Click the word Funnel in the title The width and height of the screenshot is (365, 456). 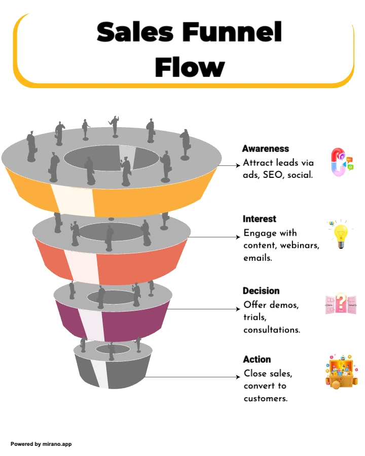coord(232,32)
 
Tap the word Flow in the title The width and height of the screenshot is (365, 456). coord(190,67)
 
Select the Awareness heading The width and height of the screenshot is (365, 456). coord(266,148)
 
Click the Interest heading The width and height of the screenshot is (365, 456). coord(260,219)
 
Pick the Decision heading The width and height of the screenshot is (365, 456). coord(261,290)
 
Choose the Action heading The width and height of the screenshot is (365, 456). coord(257,359)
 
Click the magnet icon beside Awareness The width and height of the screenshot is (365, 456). coord(341,162)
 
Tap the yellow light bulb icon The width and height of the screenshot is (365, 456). coord(340,235)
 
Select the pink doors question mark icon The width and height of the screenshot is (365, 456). coord(341,304)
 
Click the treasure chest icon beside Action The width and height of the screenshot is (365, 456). coord(341,371)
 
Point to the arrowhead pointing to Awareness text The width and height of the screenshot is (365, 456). coord(238,165)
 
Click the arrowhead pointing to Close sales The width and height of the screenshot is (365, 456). coord(238,377)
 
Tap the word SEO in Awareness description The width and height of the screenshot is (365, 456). coord(273,175)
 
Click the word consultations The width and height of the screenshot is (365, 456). coord(272,330)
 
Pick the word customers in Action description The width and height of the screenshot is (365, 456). coord(266,398)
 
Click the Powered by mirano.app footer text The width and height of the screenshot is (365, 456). coord(41,444)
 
